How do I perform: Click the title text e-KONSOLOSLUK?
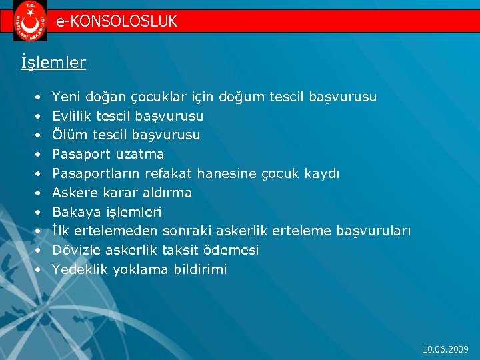[x=117, y=21]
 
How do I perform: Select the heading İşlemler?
[x=53, y=63]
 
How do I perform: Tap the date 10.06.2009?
[x=446, y=349]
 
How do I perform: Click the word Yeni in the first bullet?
[x=65, y=97]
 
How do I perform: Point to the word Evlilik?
[x=70, y=116]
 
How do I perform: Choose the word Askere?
[x=73, y=193]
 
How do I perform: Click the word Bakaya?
[x=74, y=212]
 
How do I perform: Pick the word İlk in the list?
[x=61, y=231]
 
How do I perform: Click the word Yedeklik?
[x=79, y=269]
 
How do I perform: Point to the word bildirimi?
[x=200, y=269]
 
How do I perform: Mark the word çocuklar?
[x=127, y=97]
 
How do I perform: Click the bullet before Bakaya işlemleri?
[x=38, y=212]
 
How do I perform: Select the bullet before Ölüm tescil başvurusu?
[x=38, y=135]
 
